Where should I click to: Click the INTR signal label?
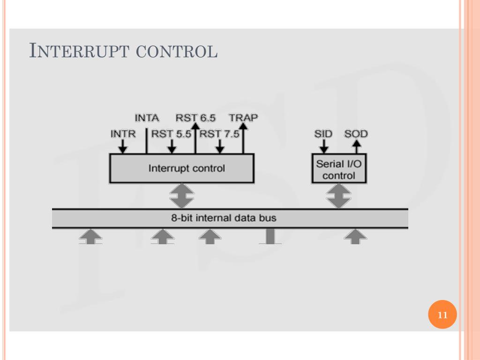point(123,134)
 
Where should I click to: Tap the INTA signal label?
point(147,118)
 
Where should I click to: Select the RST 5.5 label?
point(172,134)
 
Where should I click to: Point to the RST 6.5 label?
point(195,118)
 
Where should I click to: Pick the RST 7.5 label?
point(219,134)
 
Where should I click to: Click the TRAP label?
point(243,118)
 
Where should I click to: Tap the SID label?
point(323,134)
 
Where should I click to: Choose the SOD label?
point(356,134)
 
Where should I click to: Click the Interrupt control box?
point(182,168)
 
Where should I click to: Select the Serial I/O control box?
point(339,169)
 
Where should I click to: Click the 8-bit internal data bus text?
point(224,218)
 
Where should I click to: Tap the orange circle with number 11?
point(442,315)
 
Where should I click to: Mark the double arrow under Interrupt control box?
point(182,196)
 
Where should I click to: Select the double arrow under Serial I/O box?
point(339,196)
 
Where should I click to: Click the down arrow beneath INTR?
point(123,148)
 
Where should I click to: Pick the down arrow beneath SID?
point(323,148)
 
